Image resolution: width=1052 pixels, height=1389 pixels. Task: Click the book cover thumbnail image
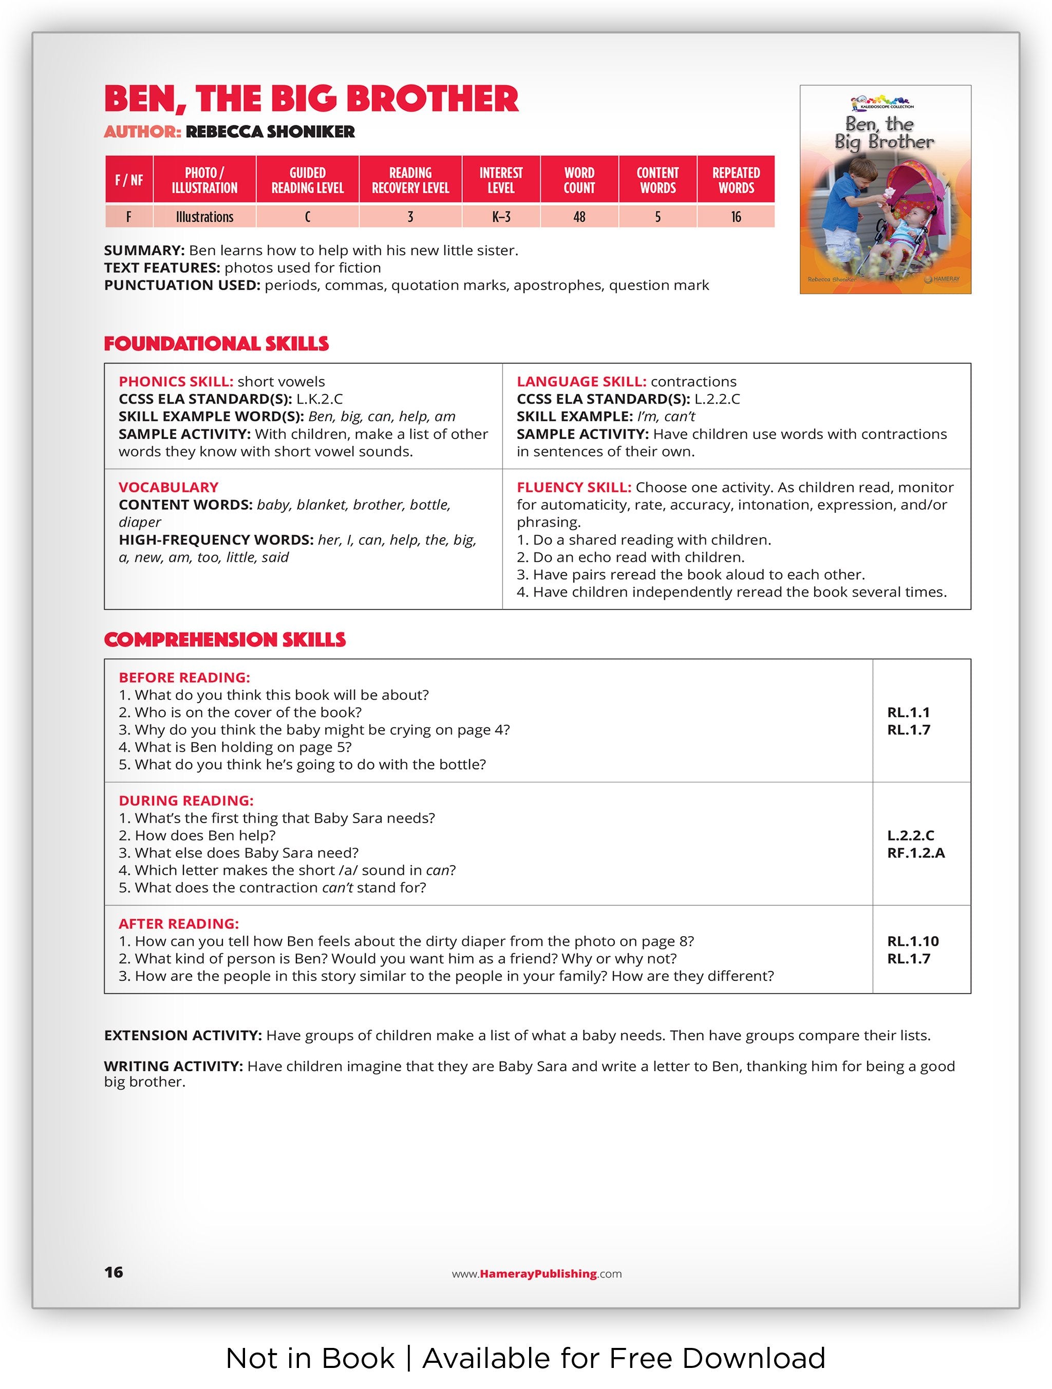tap(885, 189)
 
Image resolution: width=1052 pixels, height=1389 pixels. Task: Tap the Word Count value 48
tap(578, 217)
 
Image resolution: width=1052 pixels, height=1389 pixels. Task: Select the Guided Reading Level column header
tap(307, 180)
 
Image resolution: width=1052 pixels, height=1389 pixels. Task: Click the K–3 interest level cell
tap(500, 217)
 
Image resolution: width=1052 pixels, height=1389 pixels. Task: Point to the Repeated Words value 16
tap(736, 217)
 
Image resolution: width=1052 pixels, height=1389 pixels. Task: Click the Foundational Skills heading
tap(216, 344)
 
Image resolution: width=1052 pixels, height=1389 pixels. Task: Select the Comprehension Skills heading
tap(225, 639)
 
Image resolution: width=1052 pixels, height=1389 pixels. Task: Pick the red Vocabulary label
tap(168, 487)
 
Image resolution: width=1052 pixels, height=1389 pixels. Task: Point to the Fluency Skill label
tap(573, 487)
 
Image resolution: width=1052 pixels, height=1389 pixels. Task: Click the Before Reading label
tap(184, 677)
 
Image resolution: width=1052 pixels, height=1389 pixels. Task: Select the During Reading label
tap(186, 801)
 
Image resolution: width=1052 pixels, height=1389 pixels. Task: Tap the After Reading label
tap(178, 924)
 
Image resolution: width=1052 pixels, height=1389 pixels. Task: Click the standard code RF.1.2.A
tap(916, 853)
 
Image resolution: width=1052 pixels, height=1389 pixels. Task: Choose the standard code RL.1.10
tap(913, 941)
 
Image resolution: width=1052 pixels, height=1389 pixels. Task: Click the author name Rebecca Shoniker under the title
tap(270, 131)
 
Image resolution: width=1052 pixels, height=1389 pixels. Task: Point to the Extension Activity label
tap(183, 1036)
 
